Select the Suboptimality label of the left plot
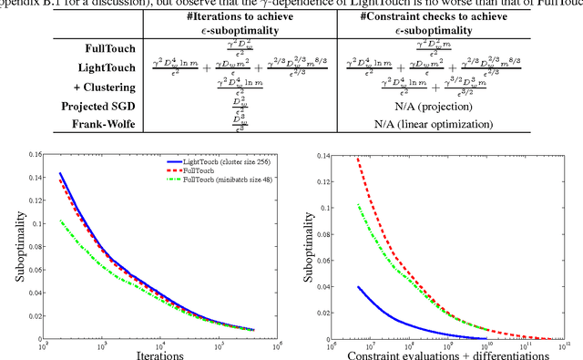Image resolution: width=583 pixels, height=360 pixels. tap(9, 246)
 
